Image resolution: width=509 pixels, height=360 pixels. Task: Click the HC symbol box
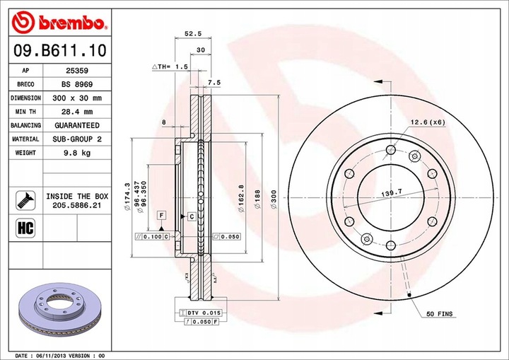25,228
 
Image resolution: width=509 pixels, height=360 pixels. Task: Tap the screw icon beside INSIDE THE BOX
25,199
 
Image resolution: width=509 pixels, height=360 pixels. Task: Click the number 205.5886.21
77,204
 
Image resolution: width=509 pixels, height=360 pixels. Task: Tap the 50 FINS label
440,313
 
